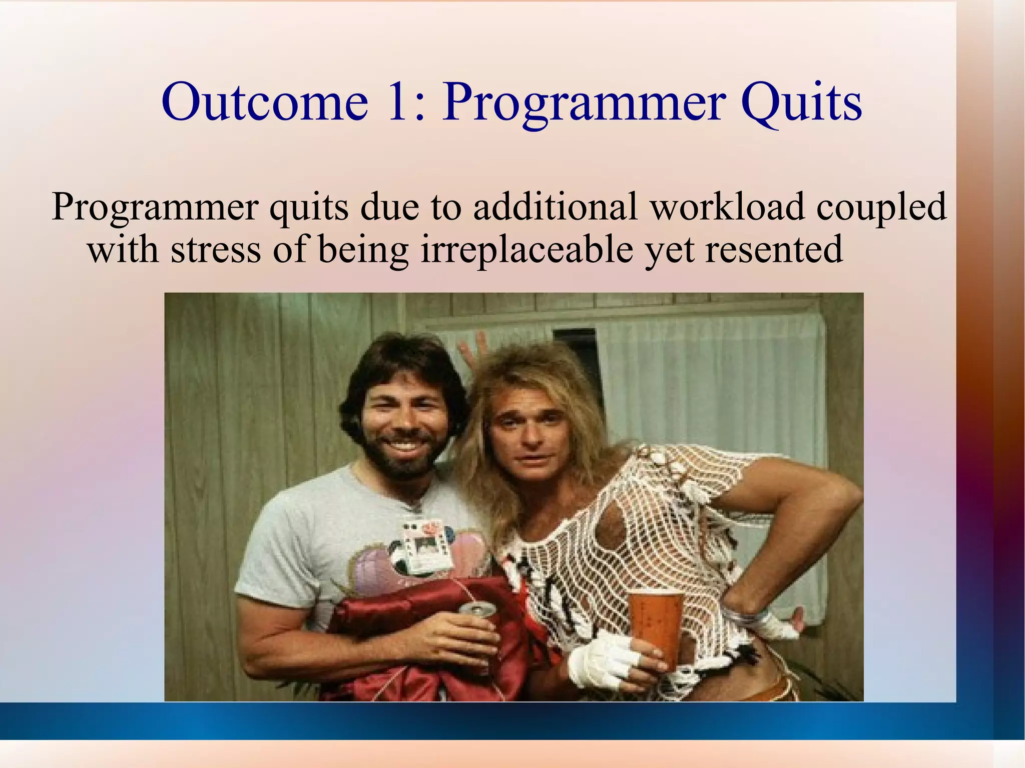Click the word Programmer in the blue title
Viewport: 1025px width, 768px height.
(x=583, y=105)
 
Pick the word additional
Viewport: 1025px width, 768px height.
(x=556, y=206)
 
